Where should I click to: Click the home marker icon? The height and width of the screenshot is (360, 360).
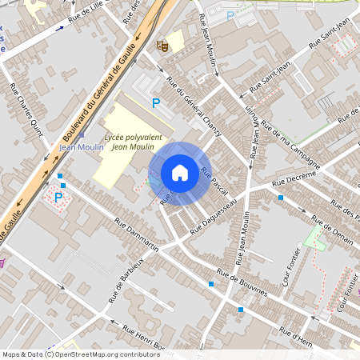[x=180, y=173]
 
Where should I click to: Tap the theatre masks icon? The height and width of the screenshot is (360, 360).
[x=162, y=46]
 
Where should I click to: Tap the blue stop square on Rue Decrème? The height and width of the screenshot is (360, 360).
[x=280, y=197]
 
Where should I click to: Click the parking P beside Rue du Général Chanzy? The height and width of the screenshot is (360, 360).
[x=156, y=102]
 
